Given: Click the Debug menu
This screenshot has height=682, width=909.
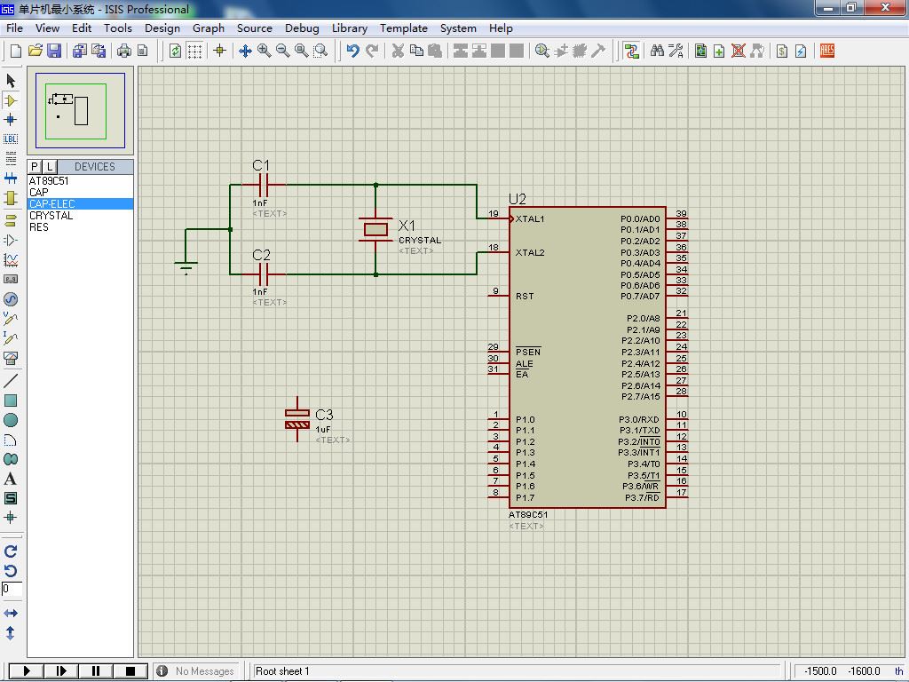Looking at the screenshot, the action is click(302, 28).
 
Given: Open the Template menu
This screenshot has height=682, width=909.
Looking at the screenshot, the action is click(404, 28).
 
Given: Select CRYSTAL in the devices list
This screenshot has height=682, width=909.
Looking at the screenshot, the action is click(51, 215).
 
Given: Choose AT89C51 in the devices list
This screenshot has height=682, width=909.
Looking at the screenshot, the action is click(49, 180).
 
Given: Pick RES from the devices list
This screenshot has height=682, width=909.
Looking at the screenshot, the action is click(39, 226).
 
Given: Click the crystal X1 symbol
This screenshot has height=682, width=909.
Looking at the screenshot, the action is click(375, 230).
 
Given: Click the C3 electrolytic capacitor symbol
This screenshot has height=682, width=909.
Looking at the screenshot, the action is click(297, 419).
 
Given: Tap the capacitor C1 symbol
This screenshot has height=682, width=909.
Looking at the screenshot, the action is click(263, 185).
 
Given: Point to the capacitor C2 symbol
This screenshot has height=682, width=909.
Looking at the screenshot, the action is click(263, 274).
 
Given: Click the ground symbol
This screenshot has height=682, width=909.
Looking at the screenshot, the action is click(186, 267).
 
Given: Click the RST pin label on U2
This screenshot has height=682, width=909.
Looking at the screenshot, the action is click(524, 296).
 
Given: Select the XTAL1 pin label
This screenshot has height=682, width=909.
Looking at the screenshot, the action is click(530, 218).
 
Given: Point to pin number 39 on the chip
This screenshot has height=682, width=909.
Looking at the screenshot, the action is click(681, 213).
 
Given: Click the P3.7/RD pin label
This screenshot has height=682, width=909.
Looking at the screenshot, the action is click(642, 497).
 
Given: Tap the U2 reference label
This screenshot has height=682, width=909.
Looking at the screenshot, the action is click(518, 199).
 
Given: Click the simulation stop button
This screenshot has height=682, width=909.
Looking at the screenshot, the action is click(130, 671).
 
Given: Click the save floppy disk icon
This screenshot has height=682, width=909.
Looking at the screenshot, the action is click(54, 51).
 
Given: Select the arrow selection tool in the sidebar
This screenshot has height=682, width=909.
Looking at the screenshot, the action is click(11, 80).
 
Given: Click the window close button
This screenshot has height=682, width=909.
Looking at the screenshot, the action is click(885, 7).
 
